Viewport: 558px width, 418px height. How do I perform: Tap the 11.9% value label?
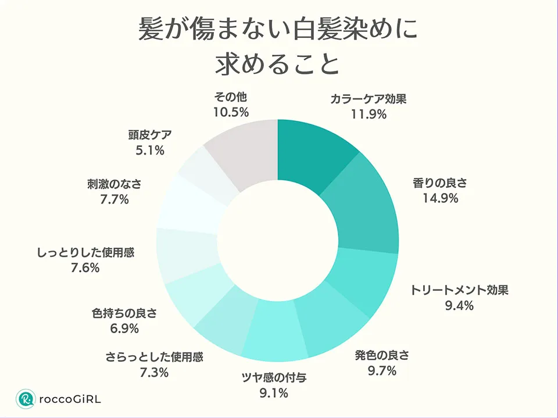click(369, 114)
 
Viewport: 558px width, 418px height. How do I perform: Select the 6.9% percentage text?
click(124, 328)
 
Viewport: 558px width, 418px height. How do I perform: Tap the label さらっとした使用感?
click(154, 356)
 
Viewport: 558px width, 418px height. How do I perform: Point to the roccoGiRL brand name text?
click(70, 399)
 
